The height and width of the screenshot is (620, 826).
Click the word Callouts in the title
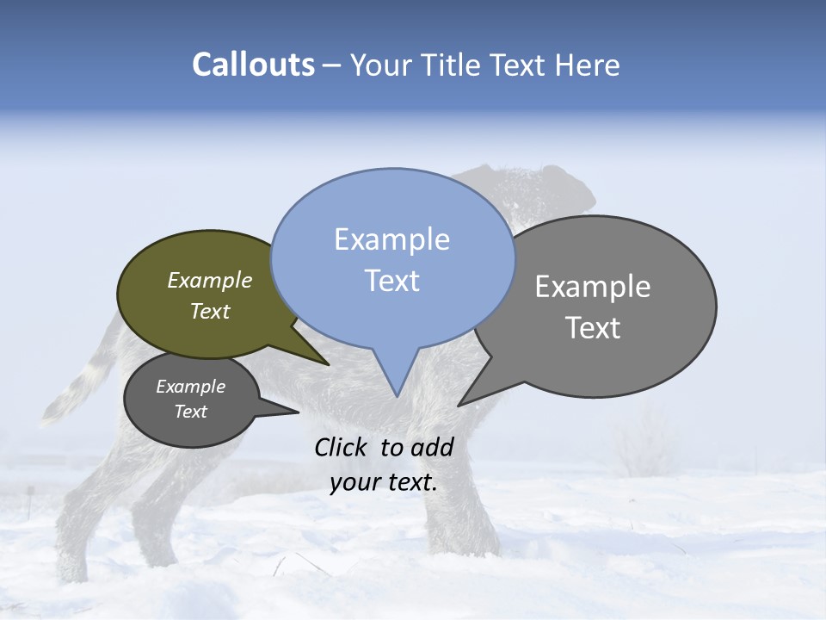coord(253,65)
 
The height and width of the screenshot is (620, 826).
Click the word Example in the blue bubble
coord(391,239)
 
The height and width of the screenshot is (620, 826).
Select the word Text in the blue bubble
coord(391,281)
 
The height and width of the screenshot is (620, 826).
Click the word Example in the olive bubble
coord(209,280)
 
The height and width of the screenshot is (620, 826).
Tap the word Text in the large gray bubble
coord(593,328)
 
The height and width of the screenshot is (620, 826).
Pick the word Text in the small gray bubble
coord(190,412)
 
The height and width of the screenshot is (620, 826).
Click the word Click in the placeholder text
coord(343,447)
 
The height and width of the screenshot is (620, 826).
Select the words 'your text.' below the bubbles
coord(384,482)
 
